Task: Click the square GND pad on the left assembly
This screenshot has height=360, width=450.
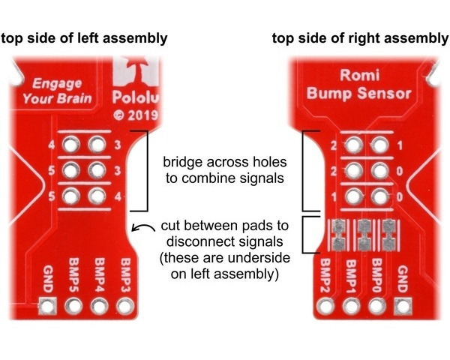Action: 48,306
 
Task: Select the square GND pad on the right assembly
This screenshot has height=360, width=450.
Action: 403,306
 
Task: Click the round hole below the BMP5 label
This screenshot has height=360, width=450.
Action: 74,306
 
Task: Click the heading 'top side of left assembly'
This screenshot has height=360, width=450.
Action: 83,38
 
